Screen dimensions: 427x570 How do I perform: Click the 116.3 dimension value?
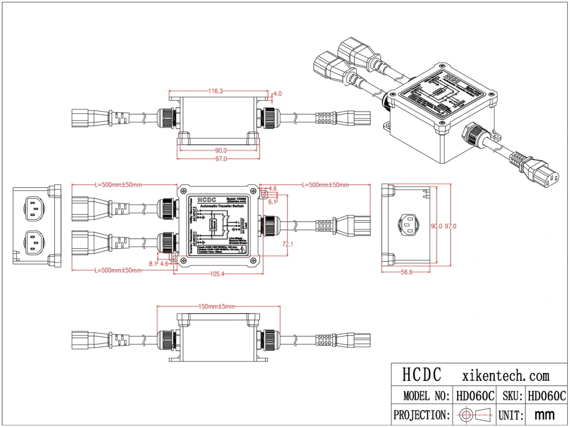(215, 91)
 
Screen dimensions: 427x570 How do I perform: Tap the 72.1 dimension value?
(288, 244)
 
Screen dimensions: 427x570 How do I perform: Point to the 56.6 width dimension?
(406, 273)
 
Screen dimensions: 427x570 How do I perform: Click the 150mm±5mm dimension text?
(217, 306)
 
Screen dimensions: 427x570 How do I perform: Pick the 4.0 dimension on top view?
(278, 93)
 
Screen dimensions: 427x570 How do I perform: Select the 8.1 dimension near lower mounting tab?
(153, 264)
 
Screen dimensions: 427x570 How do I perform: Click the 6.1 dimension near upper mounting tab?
(272, 202)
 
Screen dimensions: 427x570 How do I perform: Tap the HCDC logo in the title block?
(422, 375)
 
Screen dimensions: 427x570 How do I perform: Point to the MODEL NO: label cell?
(422, 396)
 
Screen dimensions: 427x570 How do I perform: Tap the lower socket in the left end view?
(34, 243)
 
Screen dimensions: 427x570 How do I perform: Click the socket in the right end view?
(409, 225)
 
